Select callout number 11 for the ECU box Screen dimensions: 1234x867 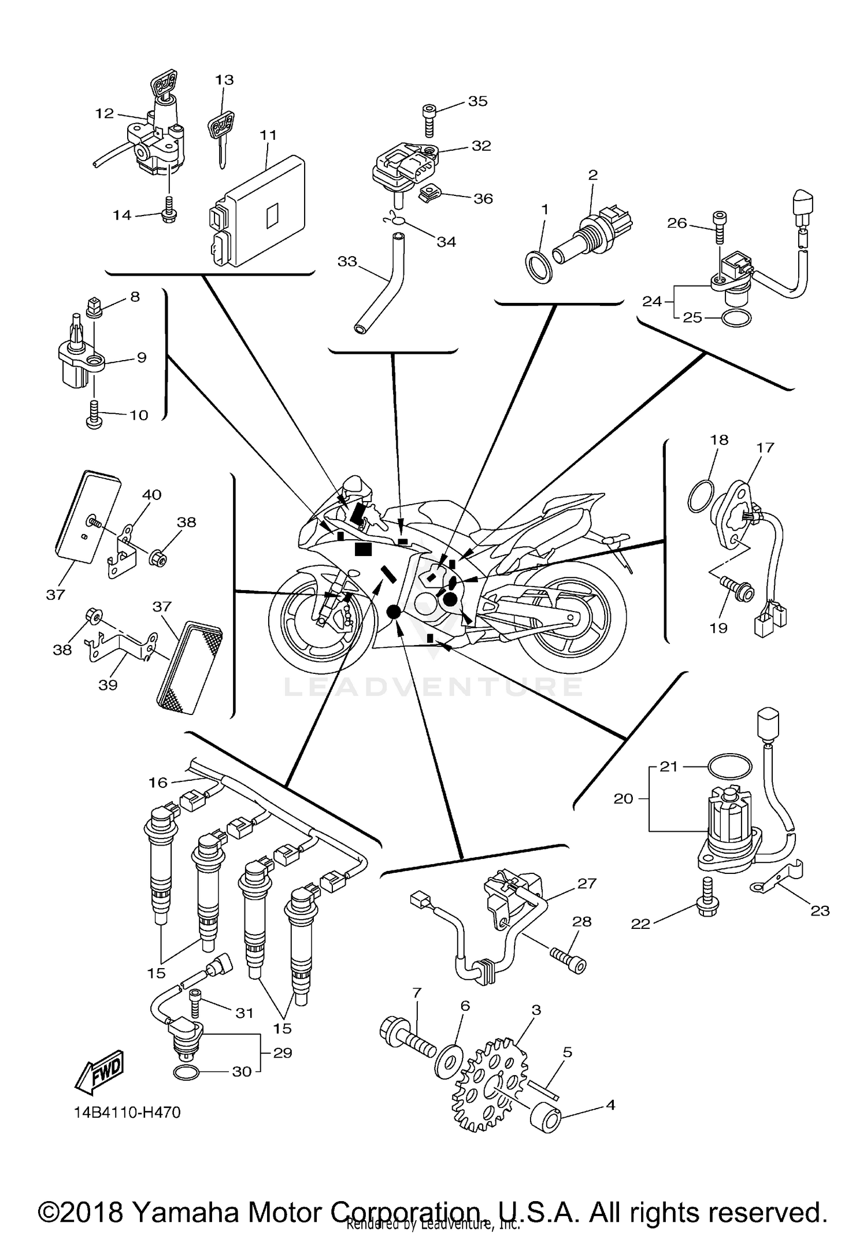(x=268, y=135)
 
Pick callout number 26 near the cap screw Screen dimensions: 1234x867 (x=677, y=223)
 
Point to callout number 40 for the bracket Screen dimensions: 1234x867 (x=151, y=495)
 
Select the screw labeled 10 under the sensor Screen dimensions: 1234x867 (x=94, y=416)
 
